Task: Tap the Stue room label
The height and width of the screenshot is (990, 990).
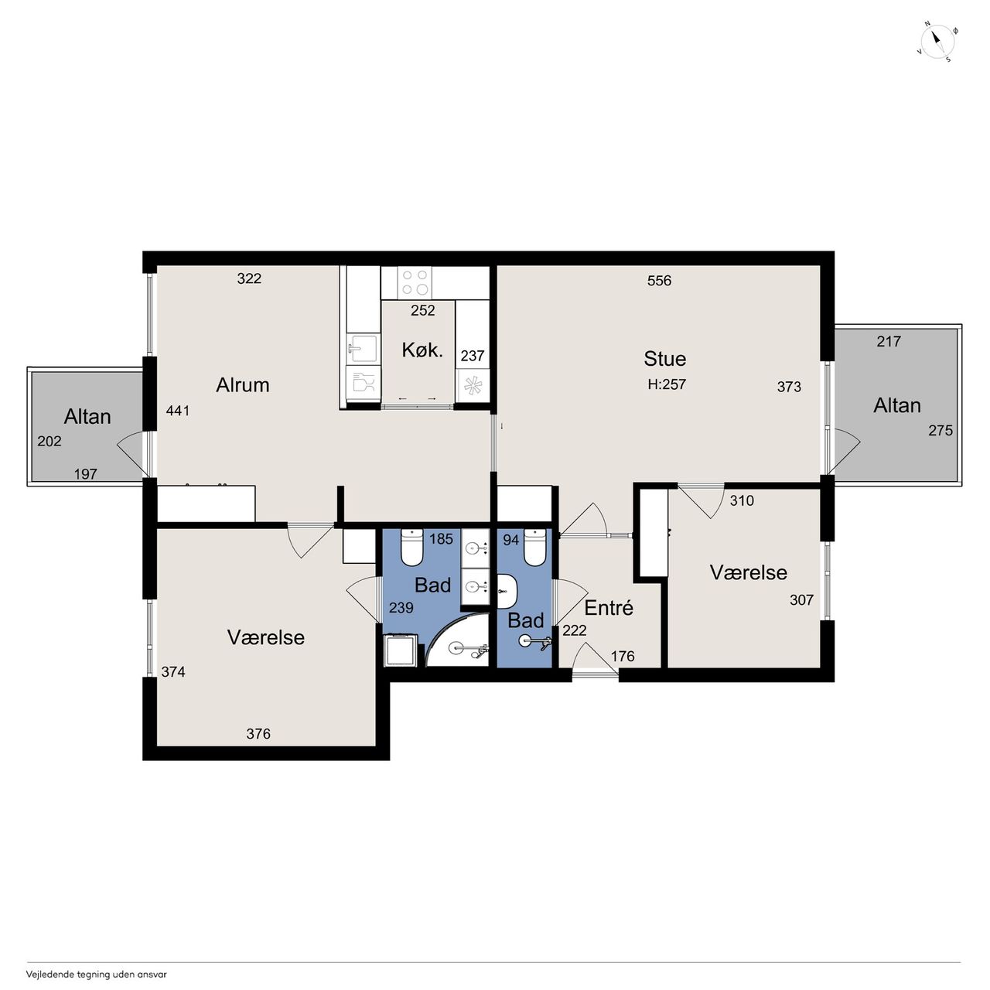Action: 664,359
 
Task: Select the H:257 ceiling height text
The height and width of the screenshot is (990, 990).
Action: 667,384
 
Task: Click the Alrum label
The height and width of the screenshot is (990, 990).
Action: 243,385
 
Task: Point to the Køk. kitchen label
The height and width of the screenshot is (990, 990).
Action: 422,350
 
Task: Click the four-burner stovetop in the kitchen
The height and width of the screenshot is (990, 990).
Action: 415,282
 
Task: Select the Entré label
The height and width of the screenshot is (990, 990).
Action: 608,608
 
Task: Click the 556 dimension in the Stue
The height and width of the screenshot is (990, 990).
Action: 659,281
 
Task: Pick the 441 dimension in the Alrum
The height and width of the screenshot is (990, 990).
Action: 178,411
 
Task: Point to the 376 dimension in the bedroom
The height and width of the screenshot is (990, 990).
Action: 258,734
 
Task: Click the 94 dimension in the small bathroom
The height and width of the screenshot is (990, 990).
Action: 510,540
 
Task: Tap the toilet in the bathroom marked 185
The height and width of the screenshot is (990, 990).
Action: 411,546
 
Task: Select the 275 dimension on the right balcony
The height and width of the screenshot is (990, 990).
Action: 940,431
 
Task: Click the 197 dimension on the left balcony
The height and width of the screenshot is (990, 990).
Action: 85,473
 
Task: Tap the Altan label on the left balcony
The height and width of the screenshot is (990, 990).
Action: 87,417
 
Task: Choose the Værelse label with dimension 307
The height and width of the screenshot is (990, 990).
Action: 748,572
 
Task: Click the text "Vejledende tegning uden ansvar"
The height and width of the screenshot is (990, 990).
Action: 96,974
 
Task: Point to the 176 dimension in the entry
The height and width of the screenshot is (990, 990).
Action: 623,656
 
